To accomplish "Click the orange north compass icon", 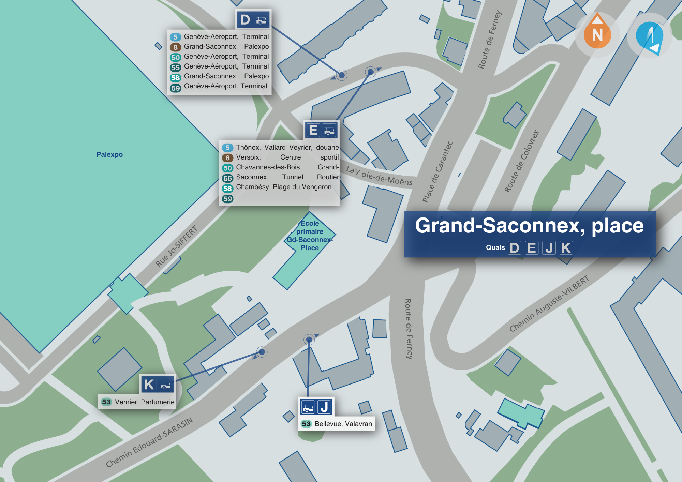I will (x=597, y=34).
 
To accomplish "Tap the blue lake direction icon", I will (x=649, y=36).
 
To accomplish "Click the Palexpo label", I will (x=109, y=154).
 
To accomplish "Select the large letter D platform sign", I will (x=245, y=19).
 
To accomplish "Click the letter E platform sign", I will (x=313, y=130).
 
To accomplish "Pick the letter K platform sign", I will (x=149, y=385).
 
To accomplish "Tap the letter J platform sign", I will (x=325, y=407).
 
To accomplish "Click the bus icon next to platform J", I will (x=308, y=407).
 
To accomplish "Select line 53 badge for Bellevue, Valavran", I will (x=306, y=424).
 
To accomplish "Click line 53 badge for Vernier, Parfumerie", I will (x=106, y=402).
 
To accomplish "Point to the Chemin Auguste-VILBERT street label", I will (x=549, y=303).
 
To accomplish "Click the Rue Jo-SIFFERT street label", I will (x=176, y=246).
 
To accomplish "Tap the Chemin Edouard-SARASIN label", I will (x=149, y=442).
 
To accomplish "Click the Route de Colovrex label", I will (x=521, y=161).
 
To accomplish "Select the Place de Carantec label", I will (x=437, y=172).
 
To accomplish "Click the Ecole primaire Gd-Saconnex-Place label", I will (x=310, y=236).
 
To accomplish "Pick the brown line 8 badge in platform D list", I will (x=175, y=47).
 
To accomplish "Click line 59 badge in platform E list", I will (x=227, y=199).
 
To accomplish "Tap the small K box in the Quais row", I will (x=566, y=248).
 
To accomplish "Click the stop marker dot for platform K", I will (x=262, y=352).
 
